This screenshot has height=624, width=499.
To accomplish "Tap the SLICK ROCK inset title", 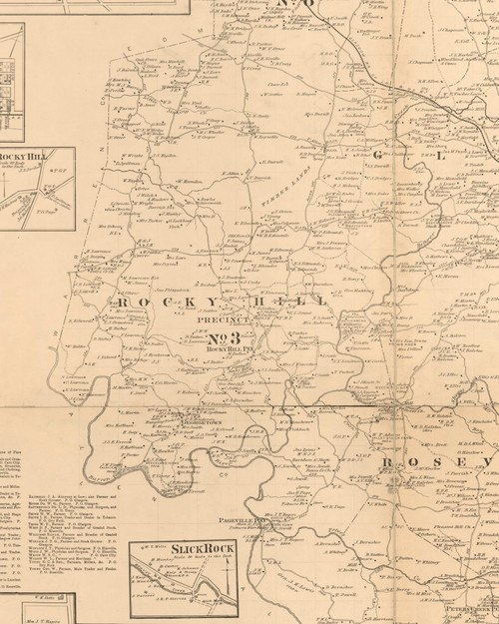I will [186, 549].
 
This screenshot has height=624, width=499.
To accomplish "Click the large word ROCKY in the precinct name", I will [151, 301].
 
